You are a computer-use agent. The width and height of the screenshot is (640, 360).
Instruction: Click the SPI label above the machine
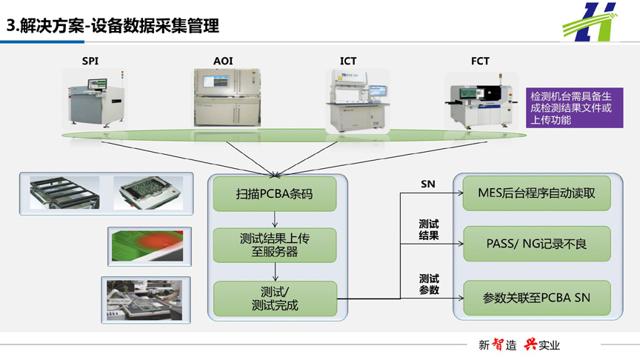[x=90, y=61]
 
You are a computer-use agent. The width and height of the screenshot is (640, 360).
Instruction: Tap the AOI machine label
[x=223, y=61]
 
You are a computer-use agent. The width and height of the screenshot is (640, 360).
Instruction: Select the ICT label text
[x=348, y=61]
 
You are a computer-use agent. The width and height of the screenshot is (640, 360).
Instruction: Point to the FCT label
[x=480, y=61]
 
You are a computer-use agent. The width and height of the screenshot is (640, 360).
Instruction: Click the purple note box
[x=574, y=107]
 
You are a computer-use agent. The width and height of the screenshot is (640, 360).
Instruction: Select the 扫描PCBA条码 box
[x=275, y=193]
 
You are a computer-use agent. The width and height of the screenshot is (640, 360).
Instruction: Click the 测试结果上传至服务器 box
[x=275, y=245]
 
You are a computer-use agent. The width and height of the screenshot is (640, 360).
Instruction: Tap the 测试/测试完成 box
[x=275, y=299]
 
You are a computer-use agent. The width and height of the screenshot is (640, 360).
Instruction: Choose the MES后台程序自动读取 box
[x=537, y=193]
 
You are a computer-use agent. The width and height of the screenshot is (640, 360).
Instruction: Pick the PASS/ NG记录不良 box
[x=537, y=244]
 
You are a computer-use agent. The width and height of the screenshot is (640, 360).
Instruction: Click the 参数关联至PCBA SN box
[x=537, y=298]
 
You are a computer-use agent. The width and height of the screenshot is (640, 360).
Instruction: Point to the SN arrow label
[x=427, y=184]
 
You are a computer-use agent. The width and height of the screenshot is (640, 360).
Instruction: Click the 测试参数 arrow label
[x=429, y=284]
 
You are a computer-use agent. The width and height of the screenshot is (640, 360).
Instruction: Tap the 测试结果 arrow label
[x=429, y=230]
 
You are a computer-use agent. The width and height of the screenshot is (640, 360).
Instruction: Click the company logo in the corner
[x=590, y=22]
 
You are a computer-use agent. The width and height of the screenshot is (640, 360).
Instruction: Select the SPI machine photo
[x=95, y=99]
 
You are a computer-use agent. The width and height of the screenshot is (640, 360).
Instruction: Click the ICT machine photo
[x=358, y=101]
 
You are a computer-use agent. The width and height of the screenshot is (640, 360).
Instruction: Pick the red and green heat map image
[x=150, y=246]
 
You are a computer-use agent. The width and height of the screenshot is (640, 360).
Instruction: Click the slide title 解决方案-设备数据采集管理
[x=113, y=26]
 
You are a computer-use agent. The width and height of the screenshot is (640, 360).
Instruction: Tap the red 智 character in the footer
[x=498, y=344]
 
